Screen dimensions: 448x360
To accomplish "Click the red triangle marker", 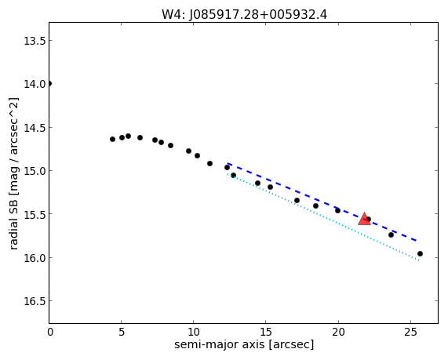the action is (364, 219).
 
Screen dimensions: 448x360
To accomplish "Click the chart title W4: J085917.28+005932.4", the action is (244, 14).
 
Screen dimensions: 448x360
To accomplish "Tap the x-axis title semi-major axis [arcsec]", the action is (244, 344).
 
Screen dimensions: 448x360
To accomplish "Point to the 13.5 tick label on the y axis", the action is (35, 41).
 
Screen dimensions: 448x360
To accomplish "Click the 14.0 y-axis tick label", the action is (35, 84).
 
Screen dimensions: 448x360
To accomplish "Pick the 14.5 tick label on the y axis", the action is (35, 128).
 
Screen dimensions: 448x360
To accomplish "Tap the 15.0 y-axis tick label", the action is (35, 171).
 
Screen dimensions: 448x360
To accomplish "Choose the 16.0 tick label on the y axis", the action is (35, 258).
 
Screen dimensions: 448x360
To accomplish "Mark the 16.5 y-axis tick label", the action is (35, 301).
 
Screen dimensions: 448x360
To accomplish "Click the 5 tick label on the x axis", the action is (122, 333).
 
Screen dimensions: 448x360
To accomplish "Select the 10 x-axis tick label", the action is (194, 333).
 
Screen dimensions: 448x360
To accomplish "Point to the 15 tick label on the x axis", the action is (266, 333).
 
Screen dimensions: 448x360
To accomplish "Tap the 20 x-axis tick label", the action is (338, 333).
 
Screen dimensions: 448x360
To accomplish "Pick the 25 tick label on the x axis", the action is (410, 333).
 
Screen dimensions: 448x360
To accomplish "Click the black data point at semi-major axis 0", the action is (49, 83).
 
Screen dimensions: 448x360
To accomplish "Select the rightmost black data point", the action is (420, 253).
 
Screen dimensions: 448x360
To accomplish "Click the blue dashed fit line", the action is (322, 202).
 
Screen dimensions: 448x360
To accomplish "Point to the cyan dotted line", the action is (322, 217).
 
